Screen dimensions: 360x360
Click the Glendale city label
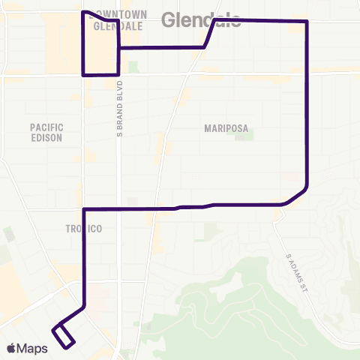(x=201, y=19)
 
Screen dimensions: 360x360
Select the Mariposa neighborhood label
(x=226, y=128)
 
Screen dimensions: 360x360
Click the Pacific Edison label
(x=46, y=133)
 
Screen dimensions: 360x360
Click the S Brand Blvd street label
(x=118, y=109)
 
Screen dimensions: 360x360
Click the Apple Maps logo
(x=26, y=348)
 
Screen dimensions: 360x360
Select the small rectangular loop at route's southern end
(x=64, y=334)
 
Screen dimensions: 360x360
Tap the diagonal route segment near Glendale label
(x=210, y=34)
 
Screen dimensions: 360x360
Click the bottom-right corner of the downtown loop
(x=118, y=74)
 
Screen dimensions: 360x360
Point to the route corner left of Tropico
(x=82, y=209)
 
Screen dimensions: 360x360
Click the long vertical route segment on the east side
(x=307, y=105)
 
